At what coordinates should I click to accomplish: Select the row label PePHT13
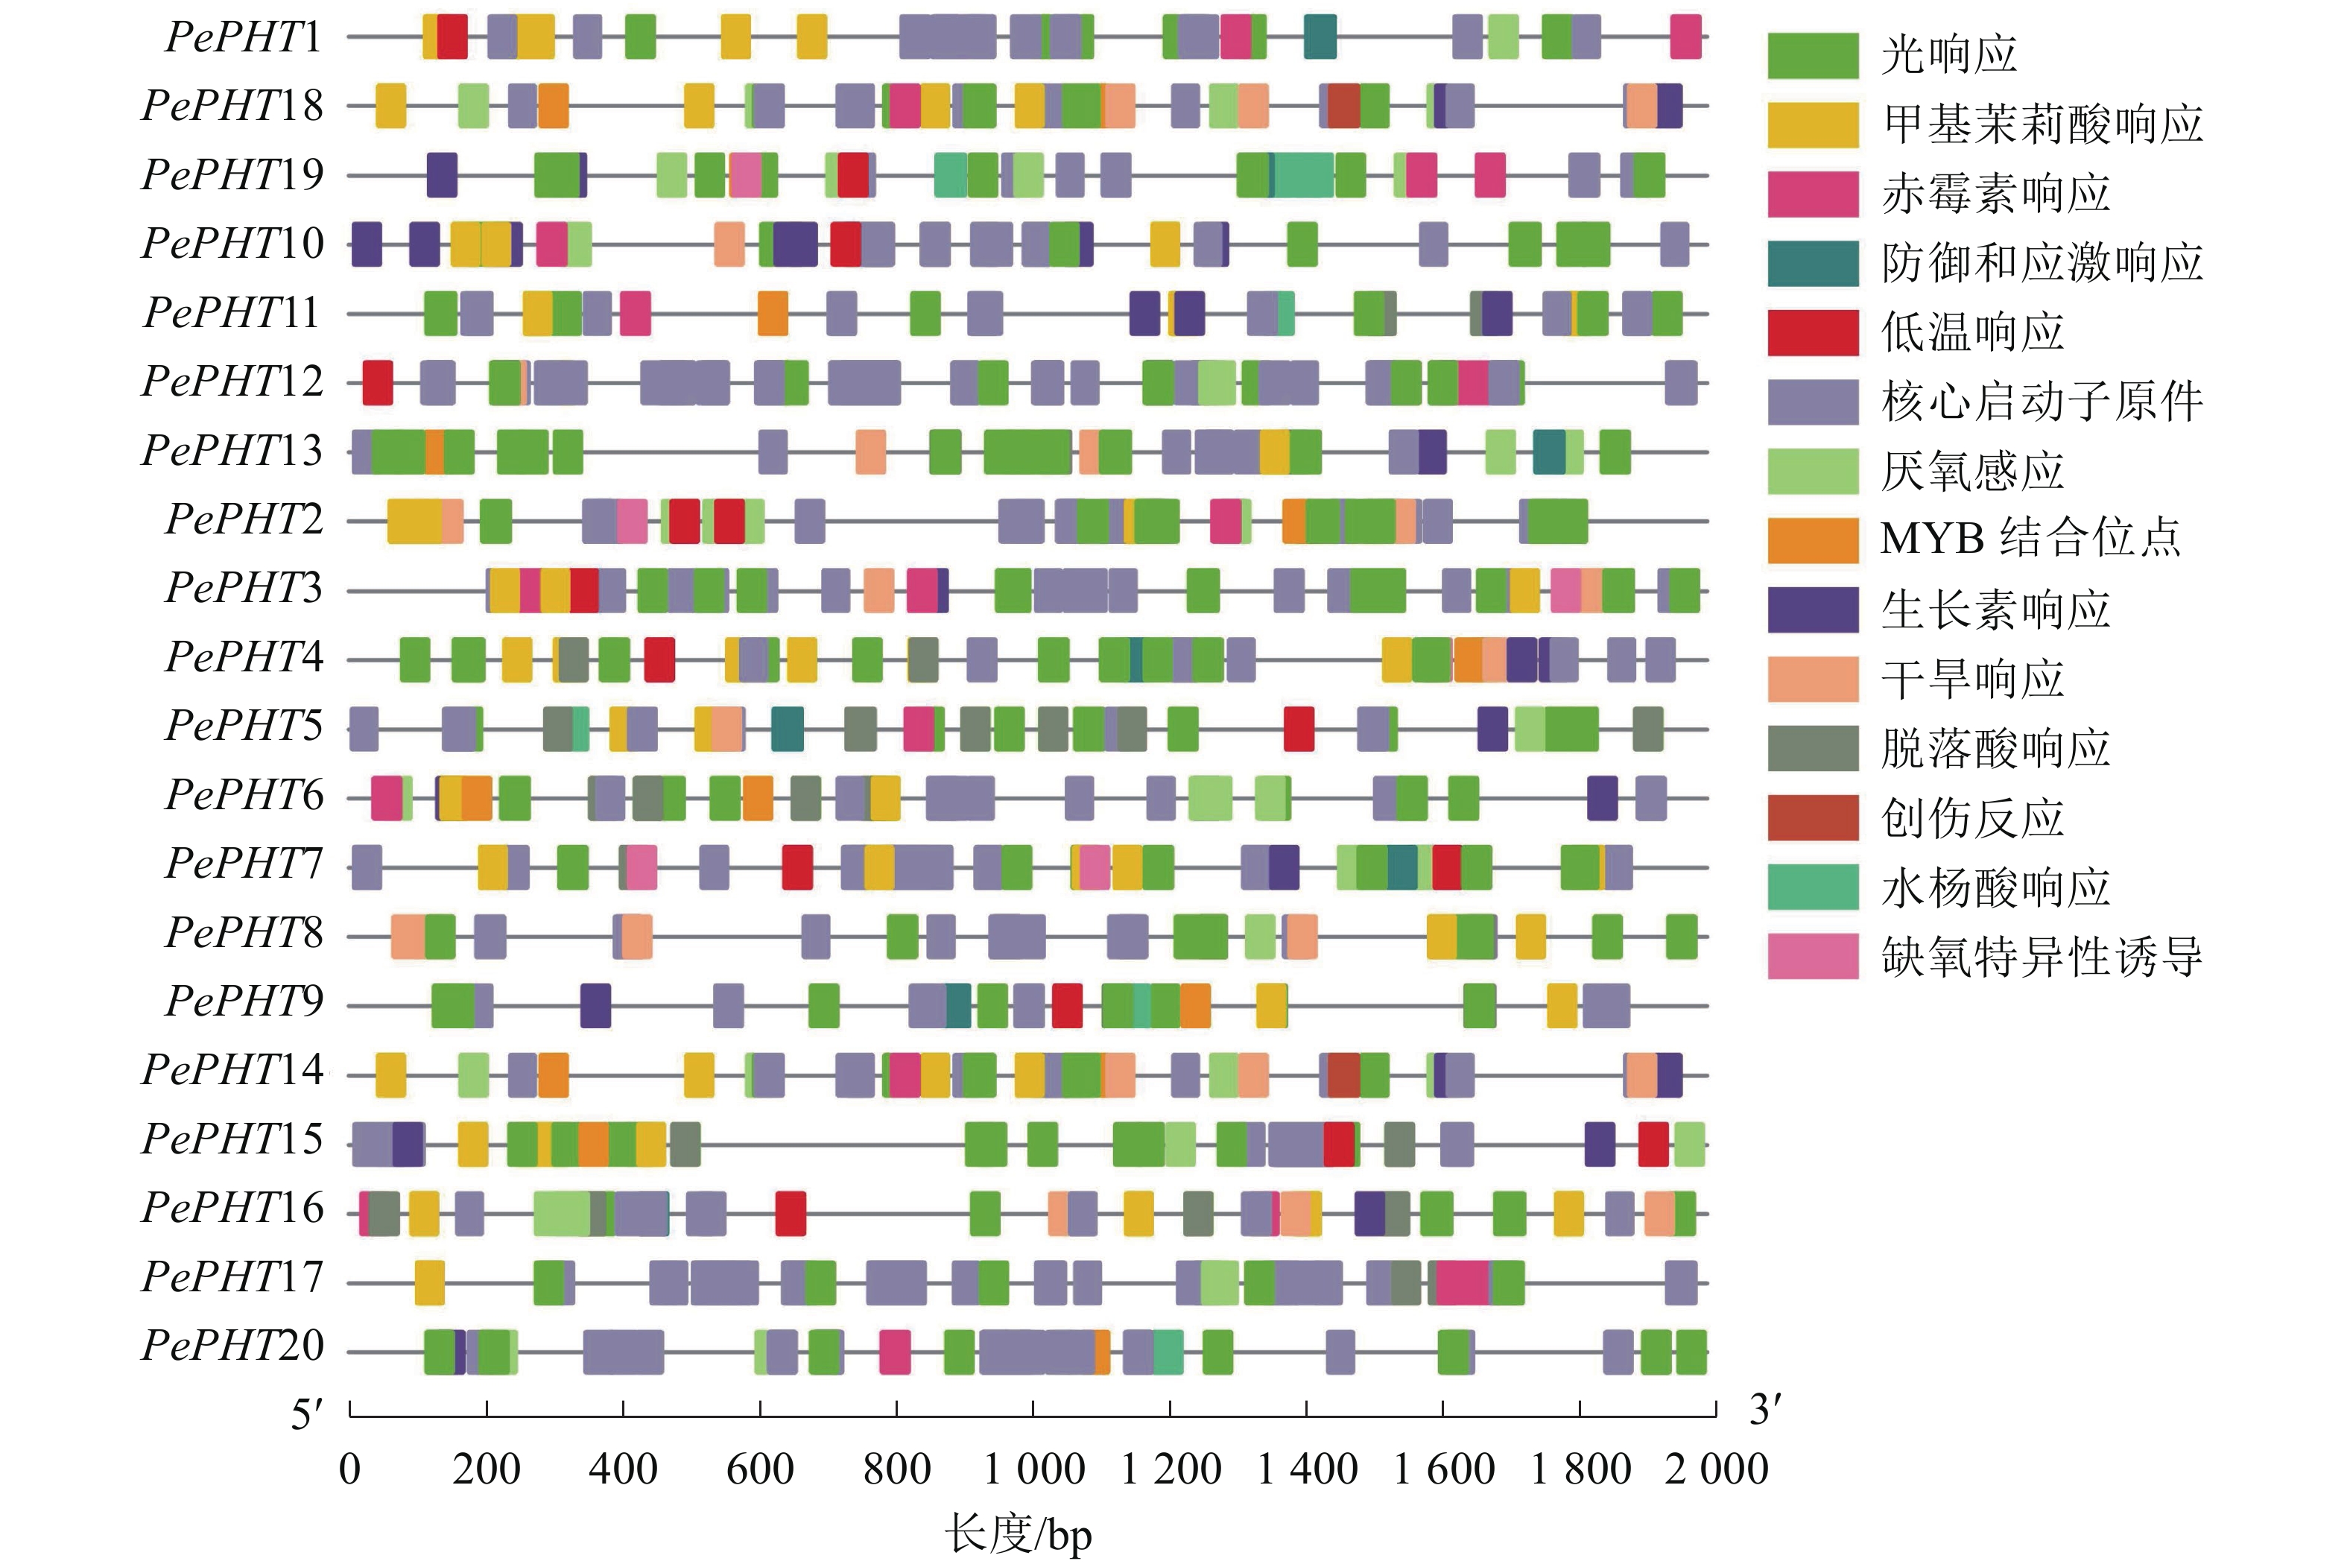[x=232, y=451]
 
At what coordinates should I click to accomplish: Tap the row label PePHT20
[x=232, y=1346]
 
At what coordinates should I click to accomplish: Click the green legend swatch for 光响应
[x=1813, y=55]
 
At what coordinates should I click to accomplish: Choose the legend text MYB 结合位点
[x=2030, y=539]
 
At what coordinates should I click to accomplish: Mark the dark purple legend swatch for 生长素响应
[x=1813, y=610]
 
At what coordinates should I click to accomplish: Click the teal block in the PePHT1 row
[x=1320, y=37]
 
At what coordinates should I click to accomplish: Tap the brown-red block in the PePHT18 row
[x=1344, y=106]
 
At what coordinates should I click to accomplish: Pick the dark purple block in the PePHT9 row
[x=595, y=1005]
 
